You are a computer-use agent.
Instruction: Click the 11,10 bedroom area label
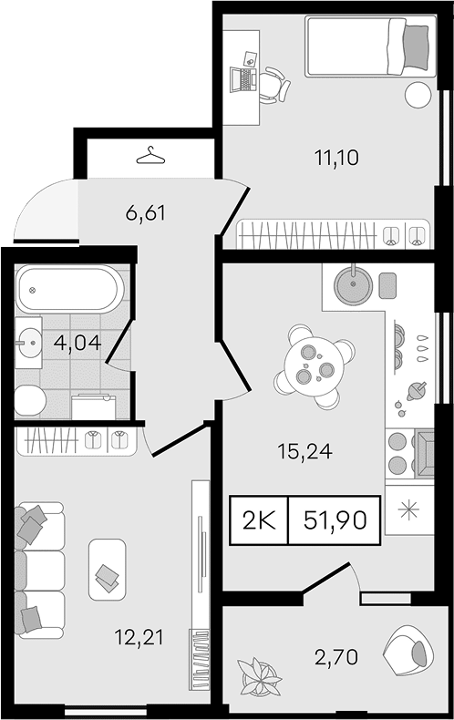336,158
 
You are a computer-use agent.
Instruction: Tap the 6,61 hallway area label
145,213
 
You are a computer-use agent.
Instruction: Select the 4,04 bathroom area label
77,343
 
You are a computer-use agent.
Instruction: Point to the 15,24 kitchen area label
304,452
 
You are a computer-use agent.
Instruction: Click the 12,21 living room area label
139,637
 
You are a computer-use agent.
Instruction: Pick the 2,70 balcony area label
336,657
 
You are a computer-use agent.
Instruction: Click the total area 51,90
335,520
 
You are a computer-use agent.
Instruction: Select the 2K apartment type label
259,520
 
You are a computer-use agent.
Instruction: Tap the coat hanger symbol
150,156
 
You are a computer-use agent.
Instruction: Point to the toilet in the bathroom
30,400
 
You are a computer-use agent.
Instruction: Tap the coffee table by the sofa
107,570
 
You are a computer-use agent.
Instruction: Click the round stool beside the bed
418,95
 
